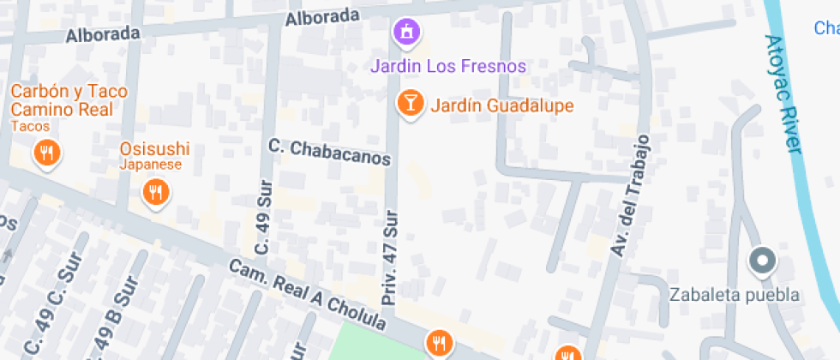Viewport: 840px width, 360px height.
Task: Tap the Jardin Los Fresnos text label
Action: (x=447, y=66)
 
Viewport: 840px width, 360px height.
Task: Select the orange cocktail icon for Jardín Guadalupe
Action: (x=411, y=104)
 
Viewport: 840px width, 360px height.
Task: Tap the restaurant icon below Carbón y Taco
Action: (x=45, y=154)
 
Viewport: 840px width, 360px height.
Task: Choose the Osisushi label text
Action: (x=154, y=148)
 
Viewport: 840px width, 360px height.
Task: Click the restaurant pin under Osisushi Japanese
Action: (x=154, y=192)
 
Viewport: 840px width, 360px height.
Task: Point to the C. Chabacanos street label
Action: (x=329, y=153)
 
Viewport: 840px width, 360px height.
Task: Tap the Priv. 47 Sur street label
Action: (x=390, y=258)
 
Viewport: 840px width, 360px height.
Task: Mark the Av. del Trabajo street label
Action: (x=630, y=195)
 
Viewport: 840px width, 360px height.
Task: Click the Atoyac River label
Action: (x=783, y=94)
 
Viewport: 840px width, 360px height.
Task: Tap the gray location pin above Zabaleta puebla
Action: (x=761, y=261)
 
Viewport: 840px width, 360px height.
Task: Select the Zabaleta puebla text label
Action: (x=735, y=295)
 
